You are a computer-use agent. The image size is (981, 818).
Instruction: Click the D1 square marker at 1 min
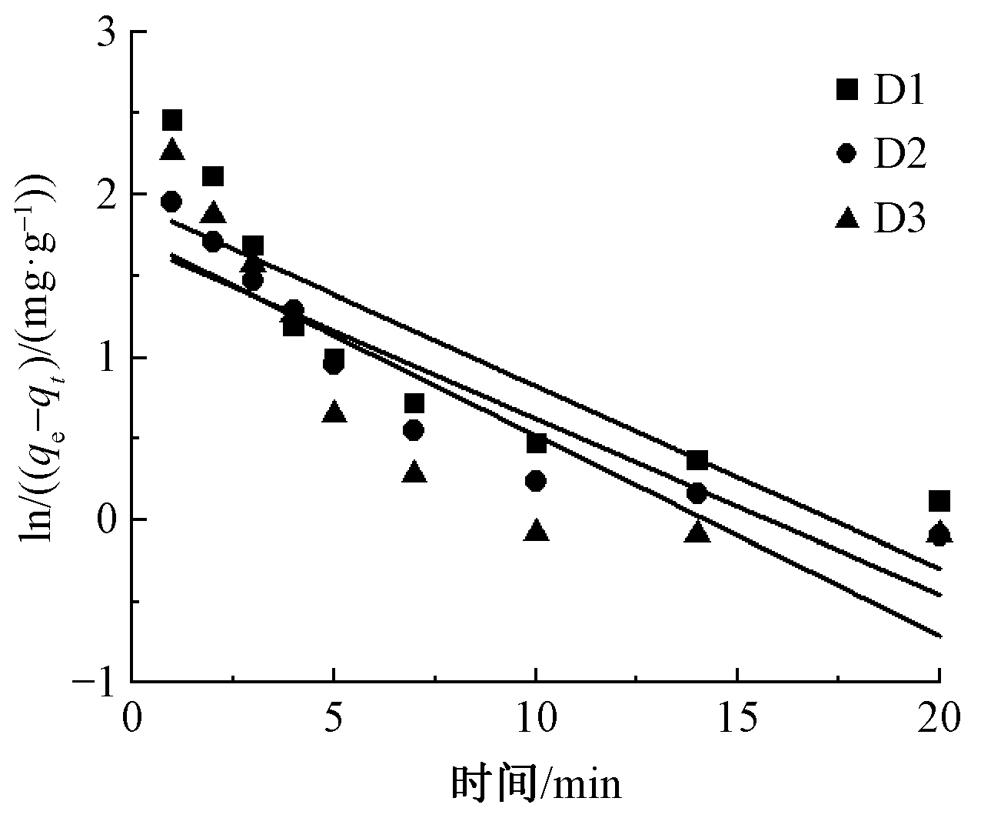pyautogui.click(x=171, y=121)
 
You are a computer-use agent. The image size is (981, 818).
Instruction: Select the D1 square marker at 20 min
pyautogui.click(x=939, y=502)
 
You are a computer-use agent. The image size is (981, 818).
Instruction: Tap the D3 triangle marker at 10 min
pyautogui.click(x=537, y=531)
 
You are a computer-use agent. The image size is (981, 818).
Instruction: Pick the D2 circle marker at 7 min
pyautogui.click(x=414, y=430)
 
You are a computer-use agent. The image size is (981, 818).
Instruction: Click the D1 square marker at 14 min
pyautogui.click(x=697, y=461)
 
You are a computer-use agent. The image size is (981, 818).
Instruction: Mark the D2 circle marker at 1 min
pyautogui.click(x=171, y=202)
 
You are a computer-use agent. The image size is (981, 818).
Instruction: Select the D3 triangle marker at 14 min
pyautogui.click(x=697, y=531)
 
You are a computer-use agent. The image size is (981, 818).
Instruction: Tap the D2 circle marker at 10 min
pyautogui.click(x=537, y=481)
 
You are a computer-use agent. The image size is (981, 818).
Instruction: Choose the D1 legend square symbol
pyautogui.click(x=846, y=90)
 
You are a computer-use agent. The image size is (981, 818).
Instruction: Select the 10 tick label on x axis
pyautogui.click(x=536, y=720)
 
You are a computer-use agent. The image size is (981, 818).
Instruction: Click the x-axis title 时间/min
pyautogui.click(x=535, y=786)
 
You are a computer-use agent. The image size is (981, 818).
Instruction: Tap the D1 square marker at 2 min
pyautogui.click(x=213, y=177)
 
